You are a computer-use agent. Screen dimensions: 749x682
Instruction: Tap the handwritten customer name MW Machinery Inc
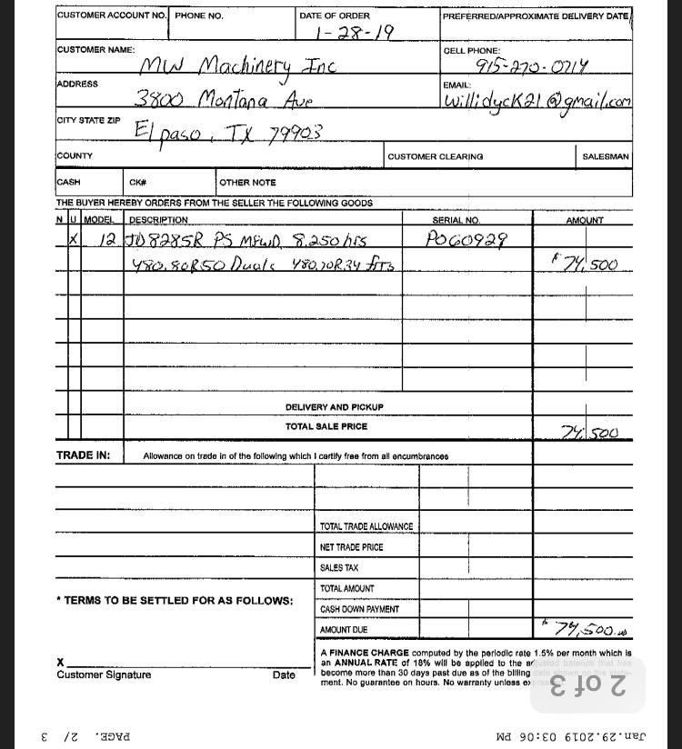(x=237, y=66)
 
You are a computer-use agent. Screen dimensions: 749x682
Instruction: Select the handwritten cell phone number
(x=531, y=66)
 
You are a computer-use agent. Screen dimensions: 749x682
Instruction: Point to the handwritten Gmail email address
(x=537, y=101)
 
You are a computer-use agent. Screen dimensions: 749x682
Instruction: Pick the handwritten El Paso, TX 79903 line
(x=228, y=132)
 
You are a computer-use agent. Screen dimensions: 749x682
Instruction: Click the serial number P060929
(x=466, y=240)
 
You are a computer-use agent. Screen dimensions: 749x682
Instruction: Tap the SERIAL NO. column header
(x=456, y=220)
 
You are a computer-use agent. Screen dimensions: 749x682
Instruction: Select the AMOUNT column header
(x=585, y=220)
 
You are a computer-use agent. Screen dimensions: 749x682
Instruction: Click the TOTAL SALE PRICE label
(x=326, y=426)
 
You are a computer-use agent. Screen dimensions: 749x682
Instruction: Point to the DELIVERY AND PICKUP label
(x=334, y=407)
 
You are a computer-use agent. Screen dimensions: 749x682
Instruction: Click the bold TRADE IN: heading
(x=84, y=455)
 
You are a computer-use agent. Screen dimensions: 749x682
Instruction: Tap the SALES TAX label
(x=339, y=568)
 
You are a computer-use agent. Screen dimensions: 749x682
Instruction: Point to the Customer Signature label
(x=104, y=675)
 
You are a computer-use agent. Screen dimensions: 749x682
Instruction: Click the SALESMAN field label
(x=606, y=156)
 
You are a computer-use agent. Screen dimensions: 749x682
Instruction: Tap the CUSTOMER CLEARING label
(x=436, y=156)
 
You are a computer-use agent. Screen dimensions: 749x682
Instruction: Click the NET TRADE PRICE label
(x=351, y=547)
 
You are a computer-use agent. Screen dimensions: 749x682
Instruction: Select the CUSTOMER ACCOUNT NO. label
(x=112, y=15)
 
